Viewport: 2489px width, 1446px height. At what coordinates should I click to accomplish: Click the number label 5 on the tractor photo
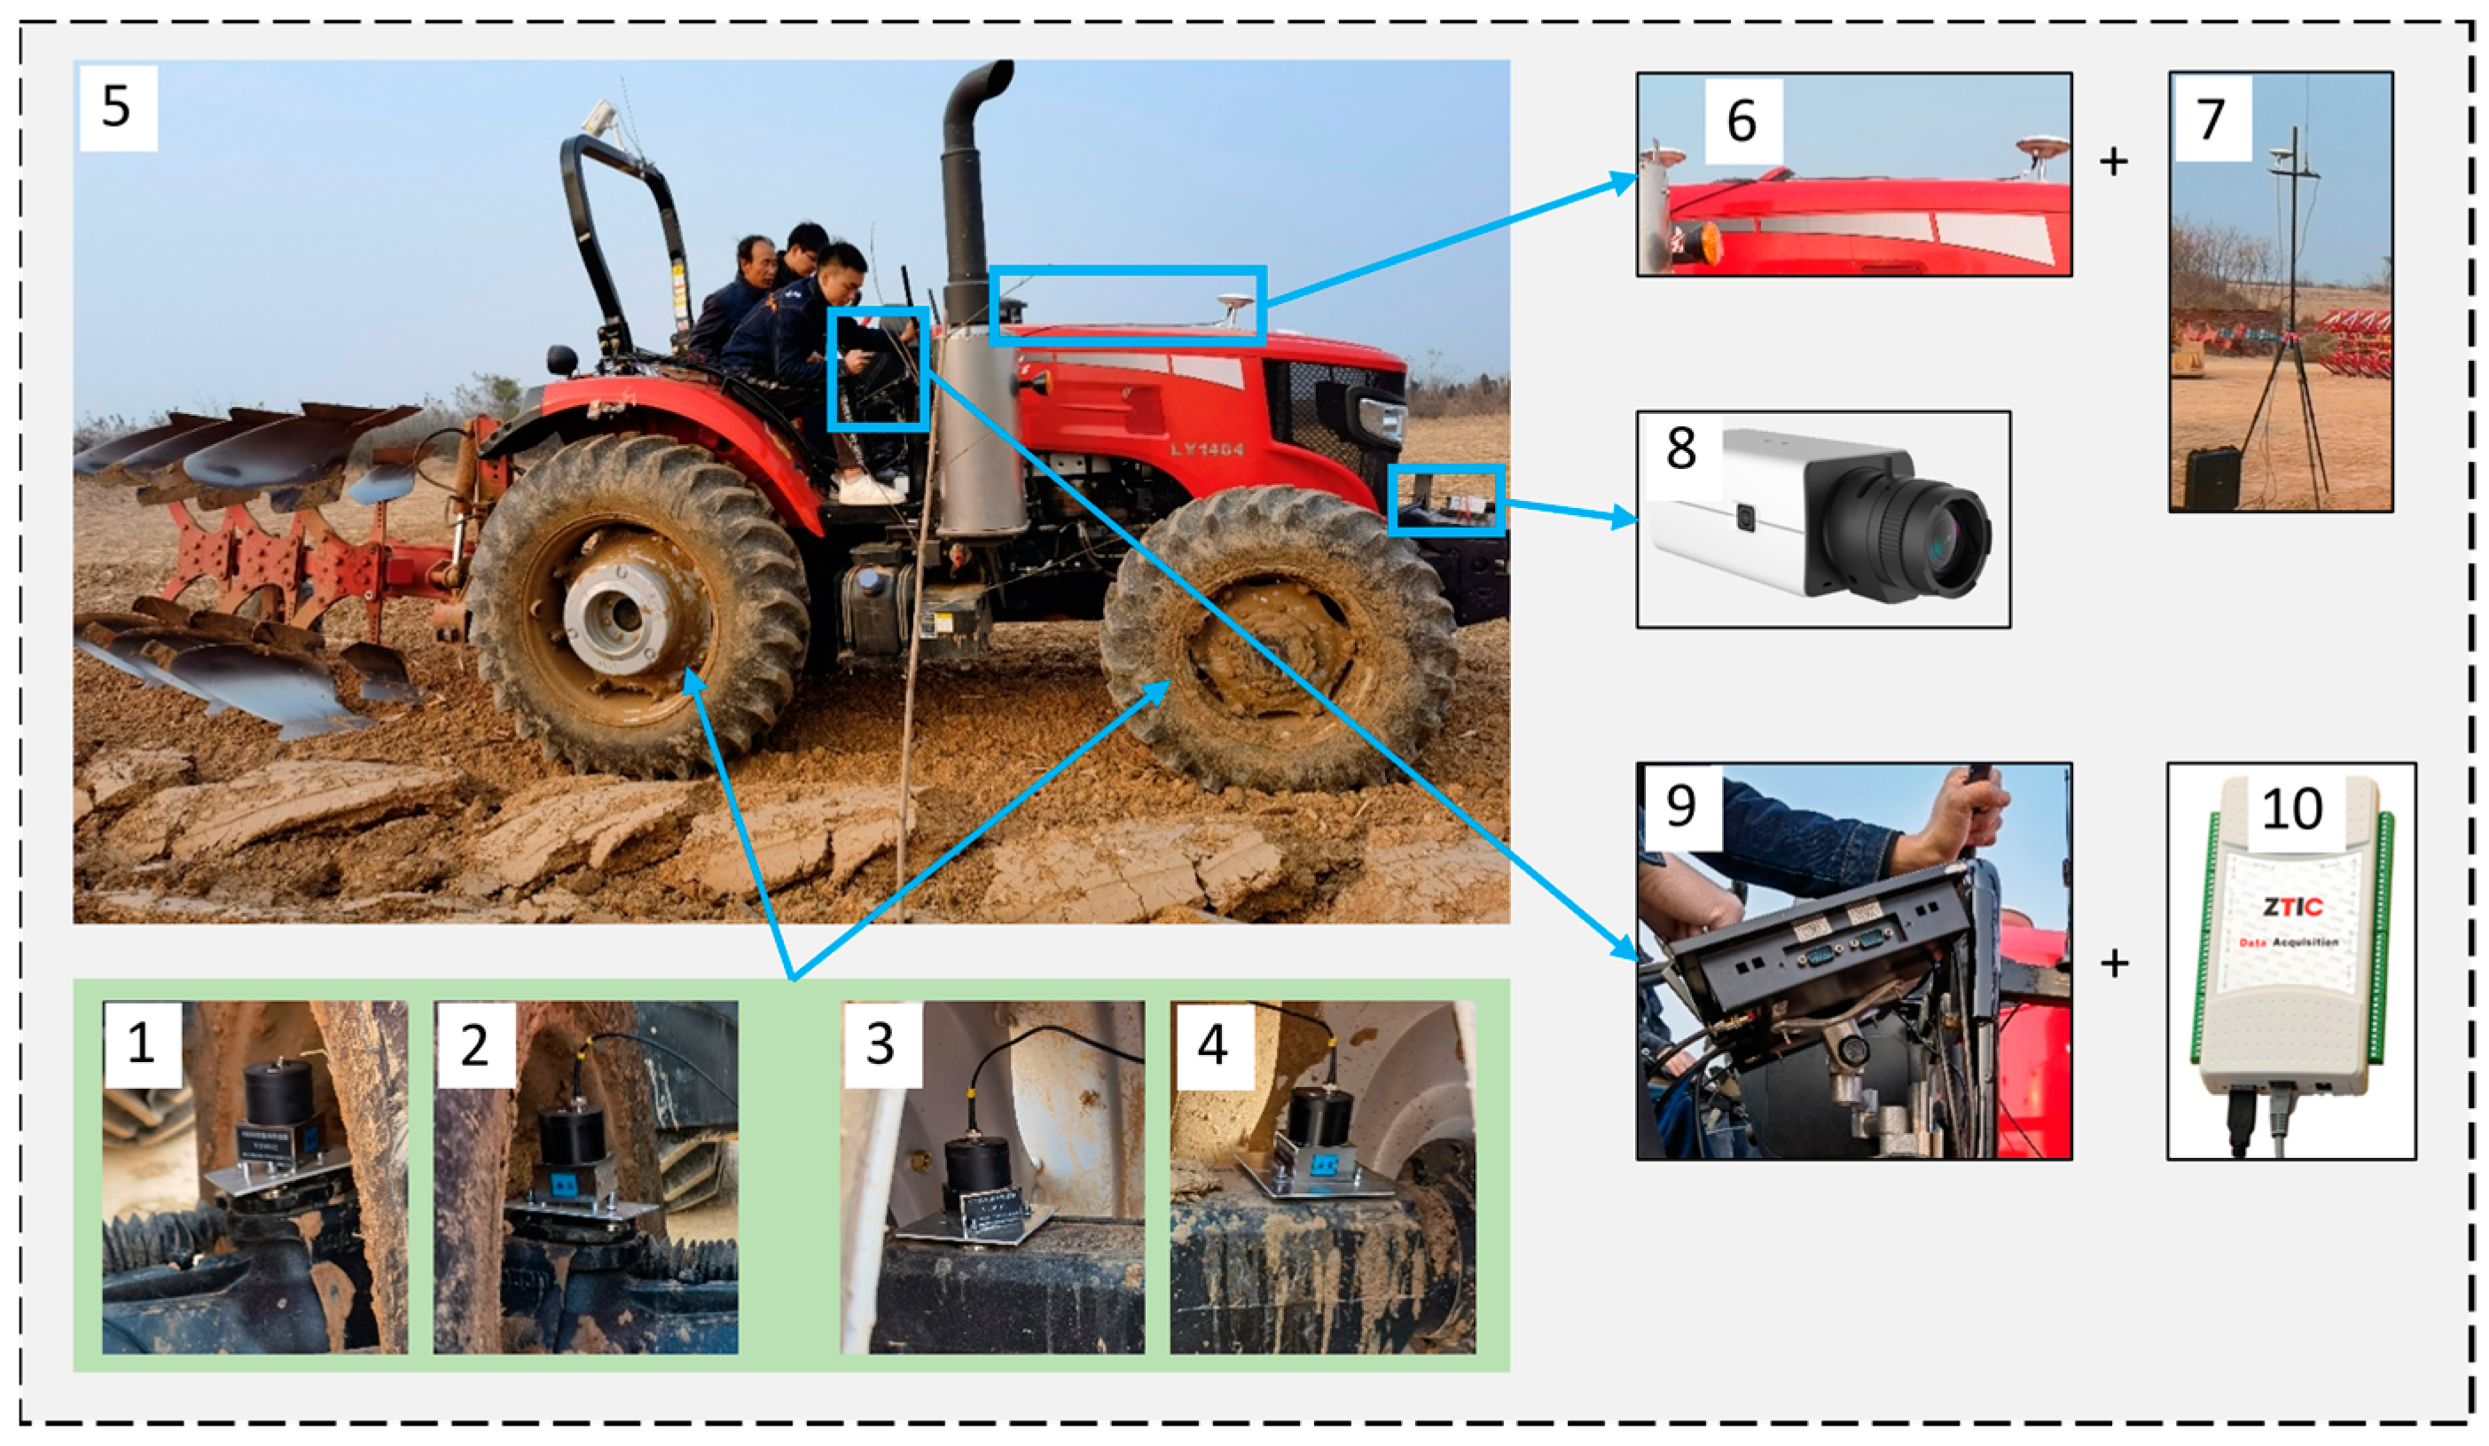(116, 106)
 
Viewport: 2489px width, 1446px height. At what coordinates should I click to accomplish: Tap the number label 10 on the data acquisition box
(2290, 810)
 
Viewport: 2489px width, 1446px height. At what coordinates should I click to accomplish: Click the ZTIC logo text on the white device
(2292, 906)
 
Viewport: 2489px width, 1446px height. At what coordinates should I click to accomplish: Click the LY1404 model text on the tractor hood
(1206, 449)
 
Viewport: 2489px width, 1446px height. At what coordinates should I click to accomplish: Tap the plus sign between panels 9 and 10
(2114, 963)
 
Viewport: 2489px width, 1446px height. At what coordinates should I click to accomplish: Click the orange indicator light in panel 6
(1701, 242)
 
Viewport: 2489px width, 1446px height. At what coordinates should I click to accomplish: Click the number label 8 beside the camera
(1680, 449)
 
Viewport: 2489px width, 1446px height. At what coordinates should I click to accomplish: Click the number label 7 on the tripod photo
(2211, 120)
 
